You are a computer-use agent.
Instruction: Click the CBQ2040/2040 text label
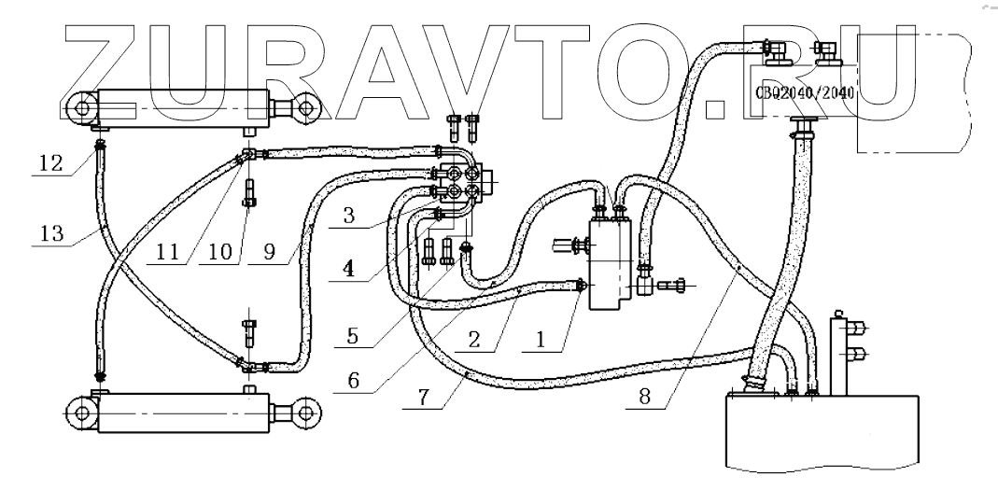click(x=804, y=92)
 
